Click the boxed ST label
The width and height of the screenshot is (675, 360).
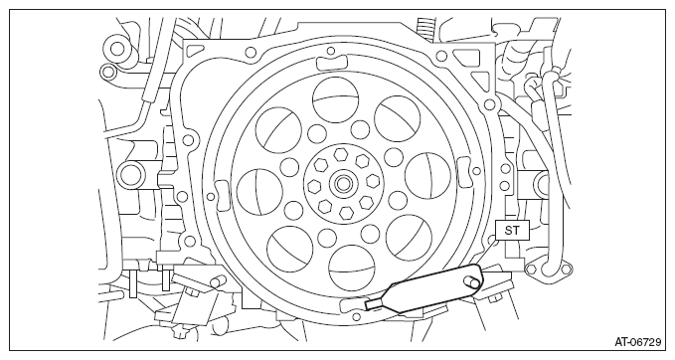[511, 231]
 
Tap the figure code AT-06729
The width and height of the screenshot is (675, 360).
[637, 342]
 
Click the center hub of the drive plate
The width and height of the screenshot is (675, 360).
[343, 184]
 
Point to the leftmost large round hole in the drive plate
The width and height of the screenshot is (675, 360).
[259, 191]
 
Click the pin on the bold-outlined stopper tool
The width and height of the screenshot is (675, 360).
[471, 282]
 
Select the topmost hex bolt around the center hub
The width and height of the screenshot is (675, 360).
[340, 153]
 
